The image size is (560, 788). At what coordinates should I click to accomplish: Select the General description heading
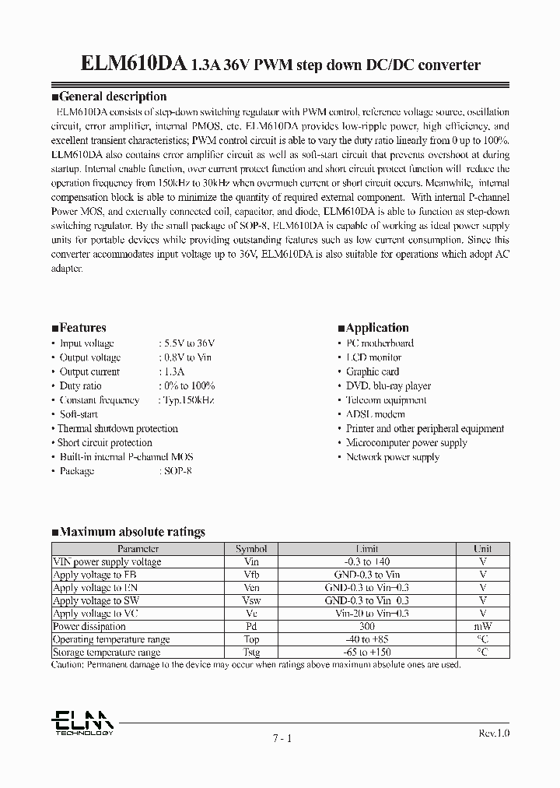pos(109,97)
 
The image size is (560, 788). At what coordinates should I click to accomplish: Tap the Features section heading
pos(79,328)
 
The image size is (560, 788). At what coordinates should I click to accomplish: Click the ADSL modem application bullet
pos(375,414)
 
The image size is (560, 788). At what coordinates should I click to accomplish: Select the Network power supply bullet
pos(392,457)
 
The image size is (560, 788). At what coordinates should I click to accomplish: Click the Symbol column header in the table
pos(251,549)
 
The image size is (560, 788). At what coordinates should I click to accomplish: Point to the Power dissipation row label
pos(89,626)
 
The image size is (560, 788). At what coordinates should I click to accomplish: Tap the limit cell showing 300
pos(367,626)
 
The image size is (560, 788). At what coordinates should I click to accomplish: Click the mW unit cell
pos(483,626)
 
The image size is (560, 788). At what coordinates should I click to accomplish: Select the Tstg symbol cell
pos(251,653)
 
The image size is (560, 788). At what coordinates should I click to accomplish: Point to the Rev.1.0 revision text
pos(492,733)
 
